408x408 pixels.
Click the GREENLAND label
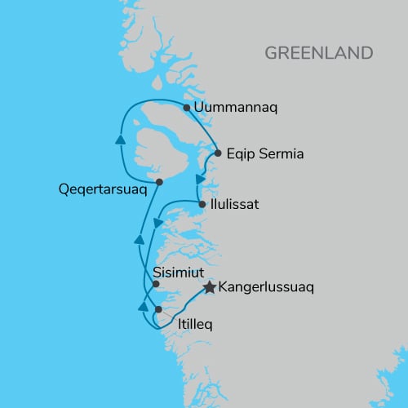tap(318, 53)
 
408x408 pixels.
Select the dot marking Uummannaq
tap(187, 108)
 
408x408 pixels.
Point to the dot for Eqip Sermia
tap(218, 153)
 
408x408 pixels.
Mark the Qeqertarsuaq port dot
tap(159, 182)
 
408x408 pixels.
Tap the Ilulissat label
tap(235, 204)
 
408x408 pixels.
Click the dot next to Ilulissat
tap(202, 204)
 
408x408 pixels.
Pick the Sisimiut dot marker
tap(156, 285)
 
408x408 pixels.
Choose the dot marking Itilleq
tap(158, 309)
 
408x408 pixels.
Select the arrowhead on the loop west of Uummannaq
tap(121, 140)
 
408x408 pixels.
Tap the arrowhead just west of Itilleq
tap(143, 307)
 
